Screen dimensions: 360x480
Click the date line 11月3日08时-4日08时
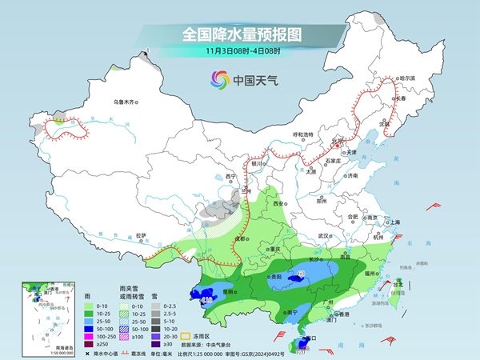pyautogui.click(x=240, y=50)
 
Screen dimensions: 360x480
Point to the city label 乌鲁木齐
pyautogui.click(x=126, y=102)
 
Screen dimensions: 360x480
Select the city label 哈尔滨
pyautogui.click(x=408, y=78)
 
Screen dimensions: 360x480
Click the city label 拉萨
pyautogui.click(x=141, y=235)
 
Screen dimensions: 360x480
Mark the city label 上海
pyautogui.click(x=394, y=222)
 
